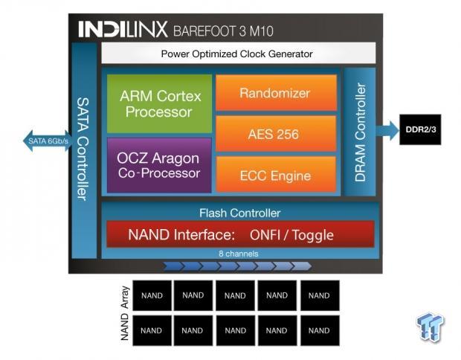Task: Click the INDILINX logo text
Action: [x=123, y=30]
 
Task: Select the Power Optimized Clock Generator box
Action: [x=236, y=54]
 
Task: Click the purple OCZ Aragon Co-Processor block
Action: [x=158, y=165]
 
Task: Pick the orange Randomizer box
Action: [x=275, y=93]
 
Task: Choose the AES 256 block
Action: [x=275, y=134]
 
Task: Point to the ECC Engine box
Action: [x=275, y=176]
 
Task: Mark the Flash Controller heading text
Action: [x=239, y=213]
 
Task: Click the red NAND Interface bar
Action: [x=239, y=235]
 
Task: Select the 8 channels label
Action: [x=239, y=254]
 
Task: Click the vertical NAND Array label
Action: [x=124, y=313]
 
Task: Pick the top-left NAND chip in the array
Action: [x=151, y=295]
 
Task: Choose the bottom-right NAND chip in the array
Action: [x=319, y=330]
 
